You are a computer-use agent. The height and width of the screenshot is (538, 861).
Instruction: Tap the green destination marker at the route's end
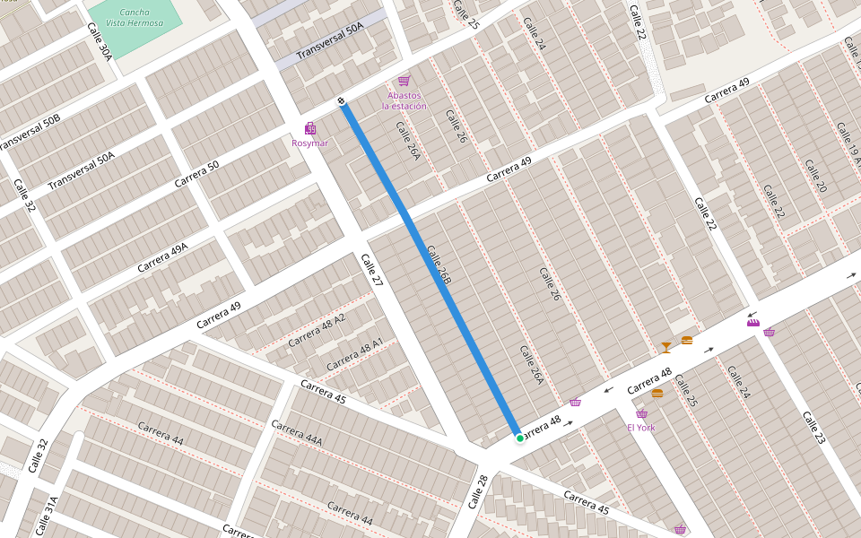(519, 438)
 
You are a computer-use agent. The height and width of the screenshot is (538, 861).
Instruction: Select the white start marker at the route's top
(342, 100)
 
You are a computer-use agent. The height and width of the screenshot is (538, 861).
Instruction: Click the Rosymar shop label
(310, 143)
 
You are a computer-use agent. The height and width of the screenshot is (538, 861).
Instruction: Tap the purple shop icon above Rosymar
(310, 128)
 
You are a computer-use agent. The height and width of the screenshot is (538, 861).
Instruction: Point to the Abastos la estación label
(404, 100)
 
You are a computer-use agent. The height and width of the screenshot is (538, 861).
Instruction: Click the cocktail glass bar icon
(665, 347)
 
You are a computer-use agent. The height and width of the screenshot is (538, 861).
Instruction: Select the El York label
(641, 428)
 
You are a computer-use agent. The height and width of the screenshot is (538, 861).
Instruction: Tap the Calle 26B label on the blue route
(439, 265)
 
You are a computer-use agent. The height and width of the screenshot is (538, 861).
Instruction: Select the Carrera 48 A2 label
(317, 331)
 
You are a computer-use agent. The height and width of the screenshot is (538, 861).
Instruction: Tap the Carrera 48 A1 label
(354, 354)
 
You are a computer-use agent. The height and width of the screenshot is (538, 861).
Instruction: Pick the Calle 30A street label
(100, 41)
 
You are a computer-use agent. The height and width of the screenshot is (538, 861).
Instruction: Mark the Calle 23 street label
(813, 429)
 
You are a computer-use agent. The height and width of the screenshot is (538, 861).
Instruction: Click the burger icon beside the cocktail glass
(687, 341)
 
